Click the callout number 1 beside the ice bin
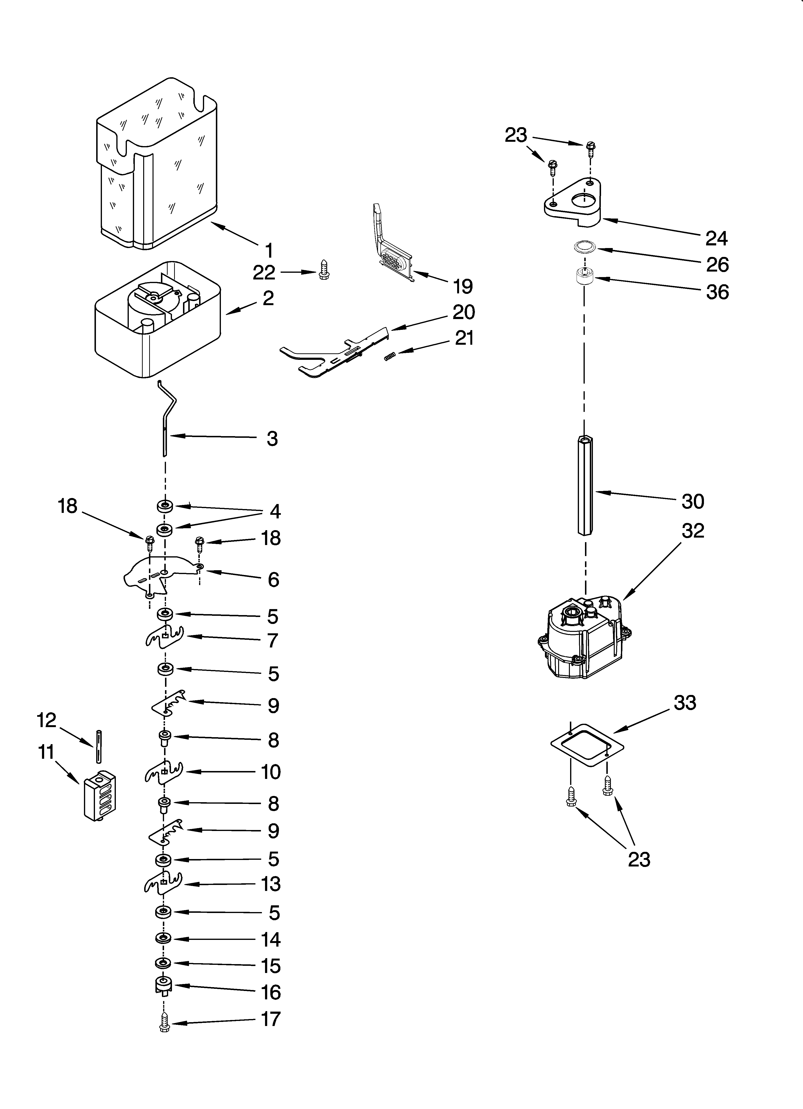[x=268, y=251]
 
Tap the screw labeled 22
[x=323, y=269]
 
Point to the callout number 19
[x=463, y=286]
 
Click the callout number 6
[x=273, y=580]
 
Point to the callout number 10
[x=271, y=772]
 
